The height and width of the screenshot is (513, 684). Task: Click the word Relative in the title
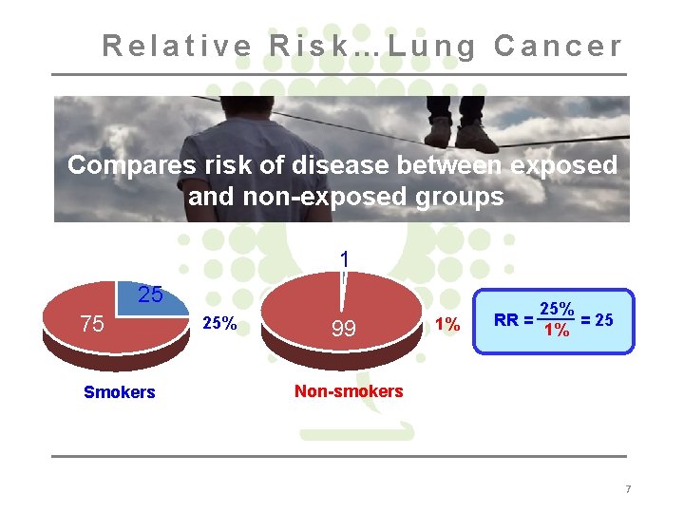click(x=178, y=45)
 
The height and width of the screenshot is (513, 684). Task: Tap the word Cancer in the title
click(x=559, y=45)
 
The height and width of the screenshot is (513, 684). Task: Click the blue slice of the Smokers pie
click(x=150, y=299)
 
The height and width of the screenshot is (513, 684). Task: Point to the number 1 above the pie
click(x=345, y=258)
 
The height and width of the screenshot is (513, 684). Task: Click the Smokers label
click(x=119, y=392)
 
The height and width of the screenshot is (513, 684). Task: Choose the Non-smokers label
click(x=349, y=390)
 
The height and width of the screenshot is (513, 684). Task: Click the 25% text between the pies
click(x=220, y=323)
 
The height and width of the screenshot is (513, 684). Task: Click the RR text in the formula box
click(x=506, y=320)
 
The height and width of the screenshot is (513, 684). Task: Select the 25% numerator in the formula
click(x=556, y=310)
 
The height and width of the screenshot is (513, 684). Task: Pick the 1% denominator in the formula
click(x=556, y=331)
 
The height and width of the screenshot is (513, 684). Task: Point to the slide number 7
click(x=627, y=489)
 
